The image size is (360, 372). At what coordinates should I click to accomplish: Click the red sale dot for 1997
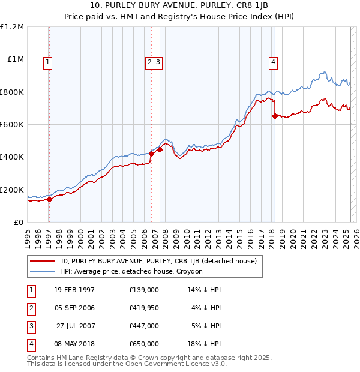point(50,200)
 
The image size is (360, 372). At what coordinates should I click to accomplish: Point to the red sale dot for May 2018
point(275,116)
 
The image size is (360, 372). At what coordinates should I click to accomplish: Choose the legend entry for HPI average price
point(131,271)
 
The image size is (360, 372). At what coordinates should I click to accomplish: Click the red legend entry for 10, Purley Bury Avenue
point(158,261)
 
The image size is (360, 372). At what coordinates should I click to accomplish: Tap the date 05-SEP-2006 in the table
point(74,308)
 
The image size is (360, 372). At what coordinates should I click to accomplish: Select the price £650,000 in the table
point(144,344)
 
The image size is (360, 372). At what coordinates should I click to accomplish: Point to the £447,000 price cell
point(144,326)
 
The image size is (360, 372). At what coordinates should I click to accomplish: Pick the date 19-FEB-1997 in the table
point(74,290)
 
